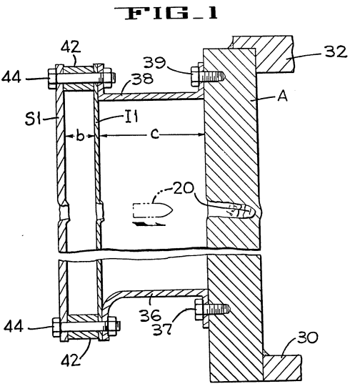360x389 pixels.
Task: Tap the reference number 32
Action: tap(336, 52)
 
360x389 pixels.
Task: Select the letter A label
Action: tap(283, 96)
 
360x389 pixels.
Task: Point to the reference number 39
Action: tap(154, 62)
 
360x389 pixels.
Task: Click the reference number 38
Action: tap(142, 79)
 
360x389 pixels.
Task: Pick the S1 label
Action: tap(33, 119)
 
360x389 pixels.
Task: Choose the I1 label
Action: tap(131, 117)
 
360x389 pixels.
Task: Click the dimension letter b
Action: tap(80, 135)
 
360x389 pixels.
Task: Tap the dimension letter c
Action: tap(155, 134)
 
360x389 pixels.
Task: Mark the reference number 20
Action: tap(184, 188)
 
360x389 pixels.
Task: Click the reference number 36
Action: tap(151, 316)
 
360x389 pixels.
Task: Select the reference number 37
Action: tap(162, 330)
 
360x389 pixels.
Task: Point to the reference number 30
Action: tap(307, 338)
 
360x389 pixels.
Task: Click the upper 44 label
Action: tap(11, 78)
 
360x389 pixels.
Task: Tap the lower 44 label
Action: tap(14, 326)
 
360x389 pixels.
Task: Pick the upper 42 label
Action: tap(71, 46)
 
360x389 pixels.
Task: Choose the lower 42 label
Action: tap(71, 360)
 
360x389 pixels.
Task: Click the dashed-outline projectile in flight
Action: tap(152, 210)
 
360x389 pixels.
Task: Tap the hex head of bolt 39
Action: tap(195, 76)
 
